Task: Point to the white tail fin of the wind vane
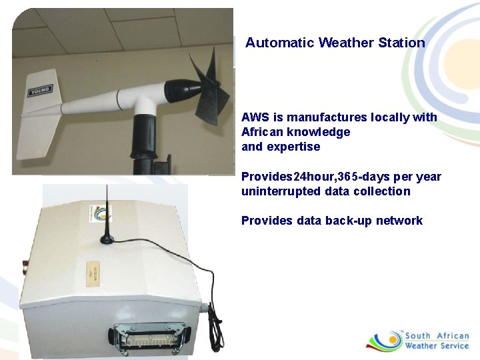coord(38,120)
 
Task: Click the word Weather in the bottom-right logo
coord(421,345)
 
